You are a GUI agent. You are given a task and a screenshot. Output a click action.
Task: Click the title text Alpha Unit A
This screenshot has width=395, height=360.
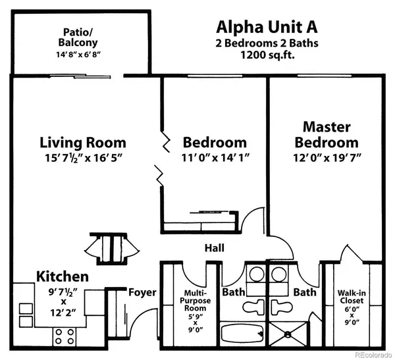267,28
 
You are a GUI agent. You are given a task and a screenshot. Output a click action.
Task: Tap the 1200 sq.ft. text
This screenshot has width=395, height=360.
267,56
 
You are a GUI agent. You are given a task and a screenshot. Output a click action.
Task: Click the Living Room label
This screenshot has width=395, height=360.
82,142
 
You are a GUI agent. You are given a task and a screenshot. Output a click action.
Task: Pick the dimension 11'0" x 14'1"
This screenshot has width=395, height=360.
215,158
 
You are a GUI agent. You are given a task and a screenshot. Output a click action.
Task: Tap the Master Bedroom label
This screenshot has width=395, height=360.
327,134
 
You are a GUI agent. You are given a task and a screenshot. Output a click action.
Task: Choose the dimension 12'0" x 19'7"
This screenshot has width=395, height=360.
327,158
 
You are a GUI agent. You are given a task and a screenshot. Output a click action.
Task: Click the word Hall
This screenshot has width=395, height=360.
214,248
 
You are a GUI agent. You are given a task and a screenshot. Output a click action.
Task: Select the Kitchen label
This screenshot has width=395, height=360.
63,276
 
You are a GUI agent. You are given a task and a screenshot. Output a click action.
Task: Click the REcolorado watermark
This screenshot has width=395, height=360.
369,354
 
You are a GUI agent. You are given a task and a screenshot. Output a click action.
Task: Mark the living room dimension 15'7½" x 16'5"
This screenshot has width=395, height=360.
82,158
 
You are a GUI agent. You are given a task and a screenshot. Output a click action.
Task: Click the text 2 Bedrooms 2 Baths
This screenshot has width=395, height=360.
267,43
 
